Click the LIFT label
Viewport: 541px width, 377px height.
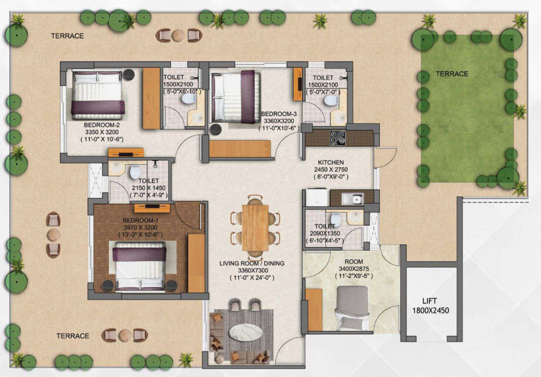pos(429,301)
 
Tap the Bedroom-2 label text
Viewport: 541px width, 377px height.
pos(102,125)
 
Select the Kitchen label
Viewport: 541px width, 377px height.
pos(330,162)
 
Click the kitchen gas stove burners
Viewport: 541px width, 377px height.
pos(338,137)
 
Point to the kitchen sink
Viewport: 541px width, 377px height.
pos(352,199)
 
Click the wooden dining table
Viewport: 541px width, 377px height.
pos(255,228)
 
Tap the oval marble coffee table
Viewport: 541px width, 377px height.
pos(246,333)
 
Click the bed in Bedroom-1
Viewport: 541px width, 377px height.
pos(139,265)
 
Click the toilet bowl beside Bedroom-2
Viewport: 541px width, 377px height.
pos(188,99)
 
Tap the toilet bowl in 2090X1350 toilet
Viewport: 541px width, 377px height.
pos(335,219)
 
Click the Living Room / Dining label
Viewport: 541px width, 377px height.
pos(252,264)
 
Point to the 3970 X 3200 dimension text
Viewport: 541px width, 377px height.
pos(141,227)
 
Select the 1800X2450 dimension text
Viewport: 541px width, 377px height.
pos(430,311)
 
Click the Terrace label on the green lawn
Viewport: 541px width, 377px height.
pos(452,73)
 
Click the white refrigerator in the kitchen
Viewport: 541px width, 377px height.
pos(317,197)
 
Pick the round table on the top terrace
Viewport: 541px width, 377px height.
pos(178,35)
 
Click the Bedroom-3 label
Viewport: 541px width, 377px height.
pos(279,114)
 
